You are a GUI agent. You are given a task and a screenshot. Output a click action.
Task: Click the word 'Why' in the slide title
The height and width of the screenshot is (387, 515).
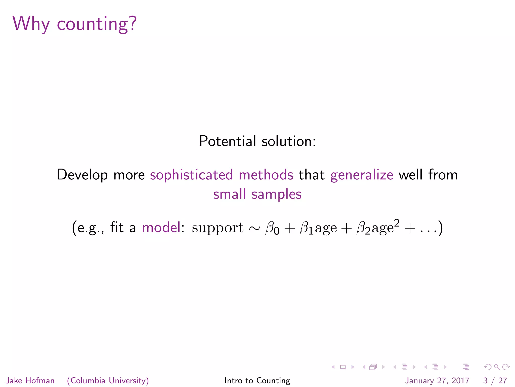coord(31,24)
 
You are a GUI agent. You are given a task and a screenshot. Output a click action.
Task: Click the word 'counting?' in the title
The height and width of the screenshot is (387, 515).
coord(97,24)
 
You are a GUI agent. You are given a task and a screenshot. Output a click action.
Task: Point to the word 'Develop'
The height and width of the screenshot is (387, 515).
coord(82,175)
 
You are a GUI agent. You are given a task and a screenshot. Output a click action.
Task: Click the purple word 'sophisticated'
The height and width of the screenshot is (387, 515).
coord(191,175)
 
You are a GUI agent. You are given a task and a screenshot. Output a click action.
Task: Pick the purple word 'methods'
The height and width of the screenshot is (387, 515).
coord(266,175)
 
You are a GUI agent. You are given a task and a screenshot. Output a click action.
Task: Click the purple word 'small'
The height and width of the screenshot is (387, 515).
coord(229,194)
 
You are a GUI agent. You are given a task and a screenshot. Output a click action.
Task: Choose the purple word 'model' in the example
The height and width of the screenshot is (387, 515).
coord(161,228)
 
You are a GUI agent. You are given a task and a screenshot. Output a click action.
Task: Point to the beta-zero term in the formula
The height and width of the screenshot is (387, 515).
coord(272,228)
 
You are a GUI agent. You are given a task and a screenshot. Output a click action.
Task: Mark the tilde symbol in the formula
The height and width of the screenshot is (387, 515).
coord(254,228)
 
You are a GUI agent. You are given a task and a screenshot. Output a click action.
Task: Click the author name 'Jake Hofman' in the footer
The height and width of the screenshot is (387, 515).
coord(30,380)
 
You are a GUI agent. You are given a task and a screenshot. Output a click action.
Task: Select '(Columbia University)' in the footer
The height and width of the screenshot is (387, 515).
coord(108,380)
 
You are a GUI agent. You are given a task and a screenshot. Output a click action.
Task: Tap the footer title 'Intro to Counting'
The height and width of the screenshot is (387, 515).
coord(257,380)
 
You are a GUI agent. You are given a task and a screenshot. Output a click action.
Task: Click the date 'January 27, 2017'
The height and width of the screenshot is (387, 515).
coord(437,380)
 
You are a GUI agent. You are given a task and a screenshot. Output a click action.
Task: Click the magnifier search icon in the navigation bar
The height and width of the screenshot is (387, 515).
coord(497,367)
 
